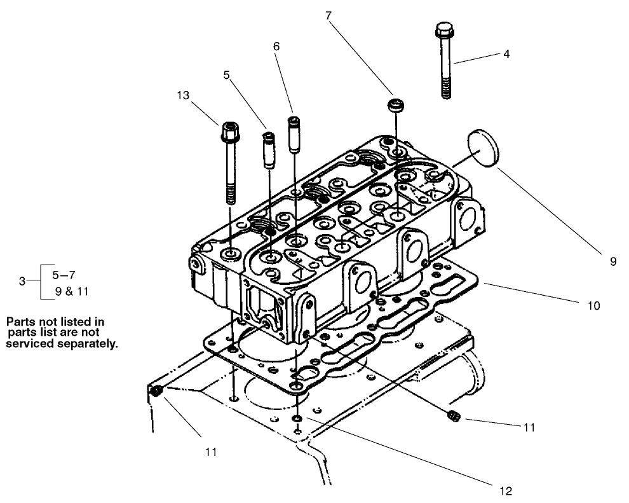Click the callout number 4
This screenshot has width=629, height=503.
click(x=506, y=54)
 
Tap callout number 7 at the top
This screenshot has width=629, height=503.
click(x=328, y=16)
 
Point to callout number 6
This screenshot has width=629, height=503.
click(x=276, y=46)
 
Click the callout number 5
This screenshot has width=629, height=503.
click(x=226, y=74)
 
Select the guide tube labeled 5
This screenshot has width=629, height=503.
click(x=268, y=150)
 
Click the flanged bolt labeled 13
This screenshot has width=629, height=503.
click(x=229, y=153)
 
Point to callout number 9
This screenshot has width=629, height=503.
click(x=612, y=261)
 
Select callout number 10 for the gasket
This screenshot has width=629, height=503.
click(x=593, y=306)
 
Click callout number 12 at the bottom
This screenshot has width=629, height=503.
click(x=506, y=490)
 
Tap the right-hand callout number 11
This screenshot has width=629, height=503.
click(x=529, y=427)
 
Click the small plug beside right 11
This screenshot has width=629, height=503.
click(x=453, y=417)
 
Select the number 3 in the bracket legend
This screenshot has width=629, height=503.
click(x=22, y=280)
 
